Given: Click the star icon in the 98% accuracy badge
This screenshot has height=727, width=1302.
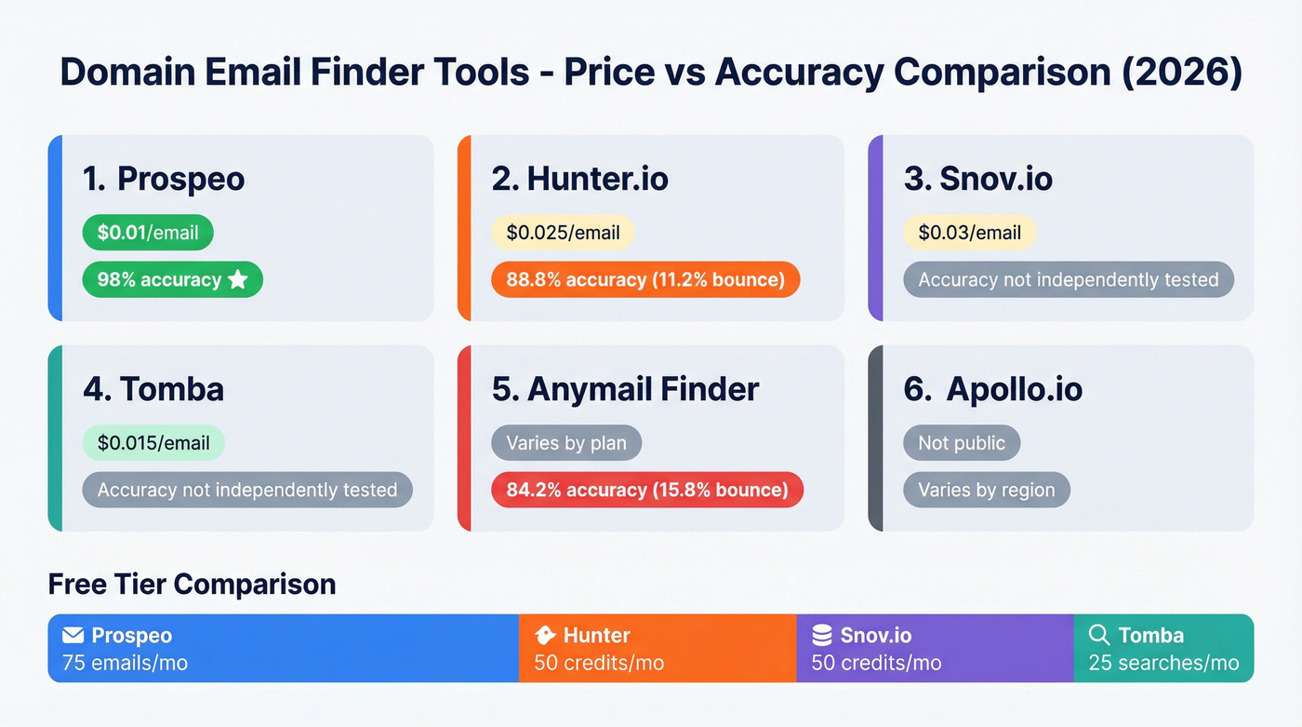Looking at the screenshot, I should point(238,279).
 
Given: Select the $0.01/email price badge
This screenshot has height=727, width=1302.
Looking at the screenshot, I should point(148,233).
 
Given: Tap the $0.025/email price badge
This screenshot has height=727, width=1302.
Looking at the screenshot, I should point(563,233).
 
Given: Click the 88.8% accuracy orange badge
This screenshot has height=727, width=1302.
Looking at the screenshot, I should point(645,279).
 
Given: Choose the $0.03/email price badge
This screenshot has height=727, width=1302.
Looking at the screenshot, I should point(969,233).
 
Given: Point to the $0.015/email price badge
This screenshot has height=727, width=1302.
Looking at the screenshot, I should point(153,443).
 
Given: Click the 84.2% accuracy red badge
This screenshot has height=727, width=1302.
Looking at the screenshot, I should point(646,490).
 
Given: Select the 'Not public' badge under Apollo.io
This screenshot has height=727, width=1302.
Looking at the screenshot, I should point(962,443).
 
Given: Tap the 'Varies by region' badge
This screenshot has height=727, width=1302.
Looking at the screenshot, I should point(986,490).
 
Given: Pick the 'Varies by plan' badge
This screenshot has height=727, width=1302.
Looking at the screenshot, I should point(566,443).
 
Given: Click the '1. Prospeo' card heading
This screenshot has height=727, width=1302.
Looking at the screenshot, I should point(164,179).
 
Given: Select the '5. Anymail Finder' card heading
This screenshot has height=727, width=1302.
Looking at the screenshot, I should point(625,389).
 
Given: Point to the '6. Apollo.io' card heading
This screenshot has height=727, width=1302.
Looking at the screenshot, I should point(992,389).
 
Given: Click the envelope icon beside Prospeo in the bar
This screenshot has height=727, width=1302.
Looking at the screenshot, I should point(73,636).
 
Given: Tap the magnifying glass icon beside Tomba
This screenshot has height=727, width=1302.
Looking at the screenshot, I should point(1099,636).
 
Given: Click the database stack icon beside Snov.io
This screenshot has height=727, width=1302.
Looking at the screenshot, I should point(821,636).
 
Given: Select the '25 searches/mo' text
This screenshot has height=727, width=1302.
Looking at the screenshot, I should point(1163,663).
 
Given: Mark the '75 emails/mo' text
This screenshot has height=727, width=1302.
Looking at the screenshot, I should point(125,663).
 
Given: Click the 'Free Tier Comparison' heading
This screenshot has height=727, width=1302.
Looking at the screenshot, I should point(192,584).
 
